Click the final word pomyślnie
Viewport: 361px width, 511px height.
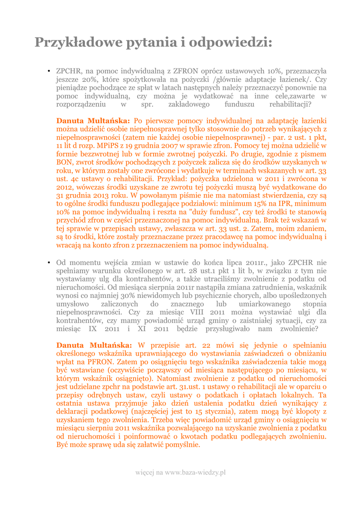click(180, 444)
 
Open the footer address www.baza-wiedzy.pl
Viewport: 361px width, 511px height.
click(195, 472)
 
